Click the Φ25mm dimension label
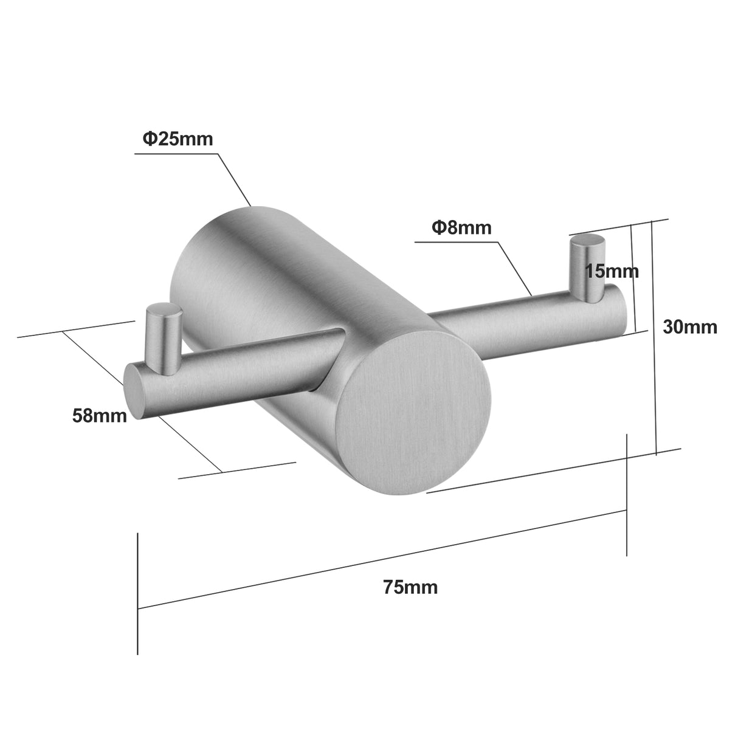pyautogui.click(x=178, y=139)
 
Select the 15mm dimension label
pyautogui.click(x=612, y=271)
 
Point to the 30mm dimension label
pyautogui.click(x=689, y=327)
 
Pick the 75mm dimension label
pyautogui.click(x=410, y=587)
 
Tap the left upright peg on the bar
pyautogui.click(x=162, y=337)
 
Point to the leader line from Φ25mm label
pyautogui.click(x=234, y=179)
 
